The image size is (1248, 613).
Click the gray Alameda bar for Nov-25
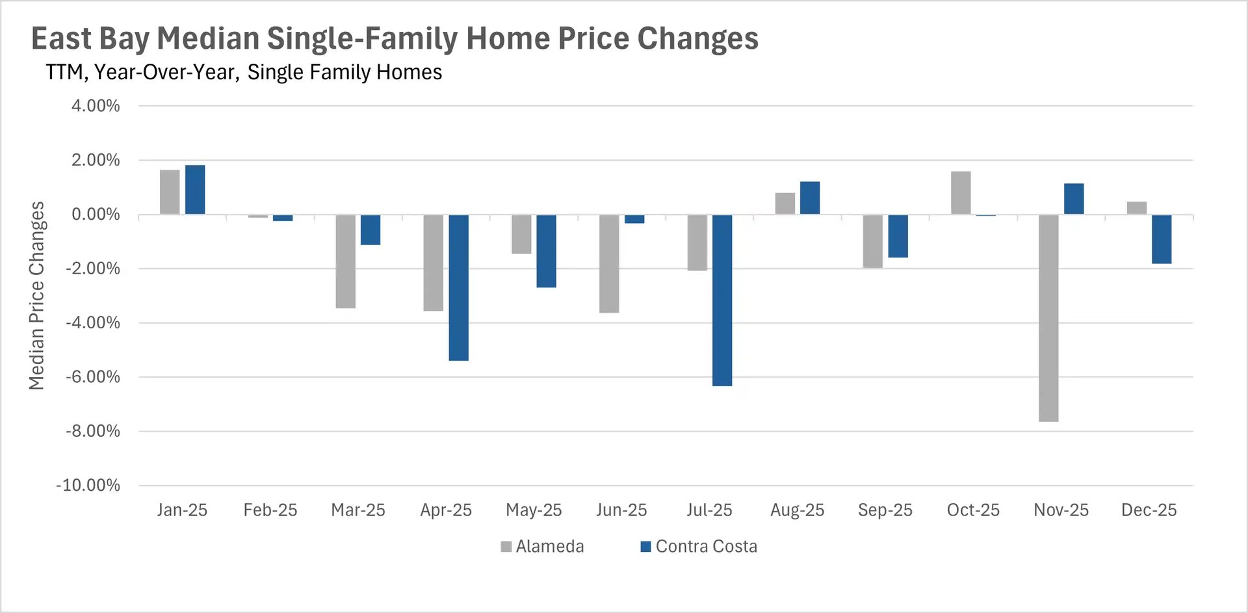tap(1048, 318)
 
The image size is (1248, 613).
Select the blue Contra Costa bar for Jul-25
tap(722, 300)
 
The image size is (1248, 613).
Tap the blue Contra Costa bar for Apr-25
tap(458, 287)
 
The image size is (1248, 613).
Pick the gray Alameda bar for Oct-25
tap(961, 193)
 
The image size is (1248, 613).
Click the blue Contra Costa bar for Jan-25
tap(195, 190)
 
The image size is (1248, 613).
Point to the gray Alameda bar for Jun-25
tap(609, 263)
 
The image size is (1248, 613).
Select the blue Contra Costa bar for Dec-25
tap(1162, 239)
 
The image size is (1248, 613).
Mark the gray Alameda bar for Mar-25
tap(345, 261)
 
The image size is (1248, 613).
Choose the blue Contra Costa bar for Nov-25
tap(1074, 199)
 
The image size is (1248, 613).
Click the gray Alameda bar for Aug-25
tap(785, 203)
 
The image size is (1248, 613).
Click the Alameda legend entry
tap(542, 547)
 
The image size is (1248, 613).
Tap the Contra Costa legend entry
tap(699, 547)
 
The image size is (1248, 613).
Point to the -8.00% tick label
tap(93, 431)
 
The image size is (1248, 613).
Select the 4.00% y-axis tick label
tap(96, 106)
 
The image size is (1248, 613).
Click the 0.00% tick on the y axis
tap(96, 215)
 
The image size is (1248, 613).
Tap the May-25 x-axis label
tap(534, 510)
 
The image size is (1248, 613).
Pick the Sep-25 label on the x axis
tap(885, 510)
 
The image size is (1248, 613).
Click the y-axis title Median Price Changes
tap(36, 296)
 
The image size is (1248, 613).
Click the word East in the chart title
tap(61, 38)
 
